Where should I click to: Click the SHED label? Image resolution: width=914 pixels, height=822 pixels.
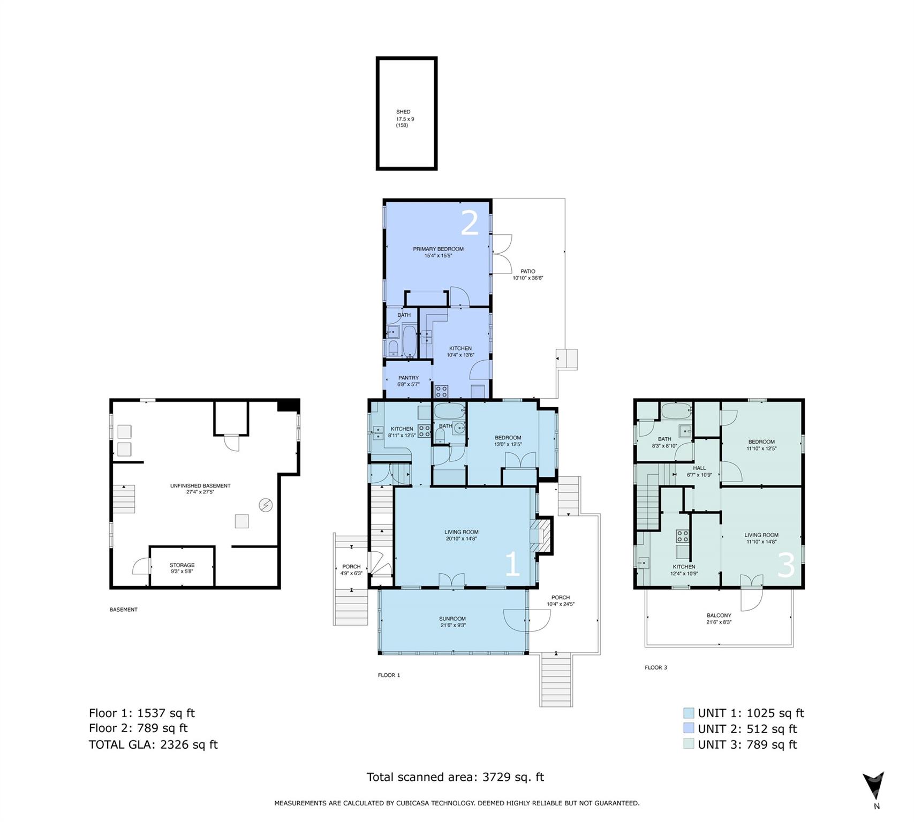403,112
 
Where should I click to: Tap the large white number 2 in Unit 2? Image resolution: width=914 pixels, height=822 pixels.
470,223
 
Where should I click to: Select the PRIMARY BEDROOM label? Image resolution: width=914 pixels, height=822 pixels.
438,249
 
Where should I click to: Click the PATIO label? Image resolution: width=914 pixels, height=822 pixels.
527,271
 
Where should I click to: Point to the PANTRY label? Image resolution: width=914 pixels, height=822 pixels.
409,378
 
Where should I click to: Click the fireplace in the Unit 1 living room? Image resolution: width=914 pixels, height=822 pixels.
541,535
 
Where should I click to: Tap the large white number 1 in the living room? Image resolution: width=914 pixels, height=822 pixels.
512,565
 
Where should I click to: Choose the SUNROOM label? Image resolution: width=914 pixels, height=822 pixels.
452,619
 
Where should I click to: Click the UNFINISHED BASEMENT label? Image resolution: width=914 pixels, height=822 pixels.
200,486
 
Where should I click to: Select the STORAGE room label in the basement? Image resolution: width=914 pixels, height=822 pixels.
182,565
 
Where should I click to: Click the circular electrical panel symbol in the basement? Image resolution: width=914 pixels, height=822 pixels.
266,505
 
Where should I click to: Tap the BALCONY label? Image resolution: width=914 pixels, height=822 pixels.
719,615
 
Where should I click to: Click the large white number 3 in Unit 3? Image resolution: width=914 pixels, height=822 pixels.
785,565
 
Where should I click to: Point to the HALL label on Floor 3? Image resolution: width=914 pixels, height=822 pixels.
699,468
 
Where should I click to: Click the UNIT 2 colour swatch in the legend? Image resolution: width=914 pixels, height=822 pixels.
689,728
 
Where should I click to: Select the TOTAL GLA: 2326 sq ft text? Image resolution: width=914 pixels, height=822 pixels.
153,744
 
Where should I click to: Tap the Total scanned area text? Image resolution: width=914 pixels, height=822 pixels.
455,777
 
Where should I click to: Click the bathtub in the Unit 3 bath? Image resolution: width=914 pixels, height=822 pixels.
677,411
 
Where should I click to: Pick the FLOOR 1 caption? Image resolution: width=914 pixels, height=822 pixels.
389,675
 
